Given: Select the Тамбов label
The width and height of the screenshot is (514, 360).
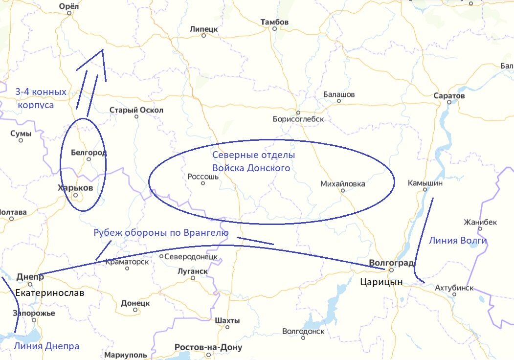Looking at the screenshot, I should [x=274, y=22].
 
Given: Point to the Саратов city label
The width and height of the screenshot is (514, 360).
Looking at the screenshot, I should [x=449, y=96].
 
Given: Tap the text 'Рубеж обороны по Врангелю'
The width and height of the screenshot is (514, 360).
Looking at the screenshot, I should [x=161, y=233].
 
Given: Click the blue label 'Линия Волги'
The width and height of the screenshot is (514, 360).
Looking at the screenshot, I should [x=457, y=240].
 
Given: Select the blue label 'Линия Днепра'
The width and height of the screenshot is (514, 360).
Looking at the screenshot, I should [x=46, y=346].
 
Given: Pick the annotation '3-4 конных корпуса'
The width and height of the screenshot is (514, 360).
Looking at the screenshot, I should [x=40, y=98].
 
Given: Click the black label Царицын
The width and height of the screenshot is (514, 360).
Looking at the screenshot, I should [x=381, y=282].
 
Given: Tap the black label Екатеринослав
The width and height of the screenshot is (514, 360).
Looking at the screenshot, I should [x=50, y=293].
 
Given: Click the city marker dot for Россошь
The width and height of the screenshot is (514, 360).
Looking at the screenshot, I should [x=203, y=183].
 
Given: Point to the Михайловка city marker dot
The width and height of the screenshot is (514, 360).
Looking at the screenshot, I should [x=342, y=191].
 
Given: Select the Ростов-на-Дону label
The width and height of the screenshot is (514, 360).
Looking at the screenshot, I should [x=208, y=348].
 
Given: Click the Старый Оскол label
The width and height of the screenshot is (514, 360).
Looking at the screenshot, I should [x=136, y=110].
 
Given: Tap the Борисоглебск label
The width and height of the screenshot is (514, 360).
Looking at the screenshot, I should [x=298, y=119].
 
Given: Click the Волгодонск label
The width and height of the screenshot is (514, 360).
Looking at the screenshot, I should [x=303, y=331].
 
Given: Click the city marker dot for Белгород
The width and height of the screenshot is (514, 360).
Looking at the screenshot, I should [x=89, y=159].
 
